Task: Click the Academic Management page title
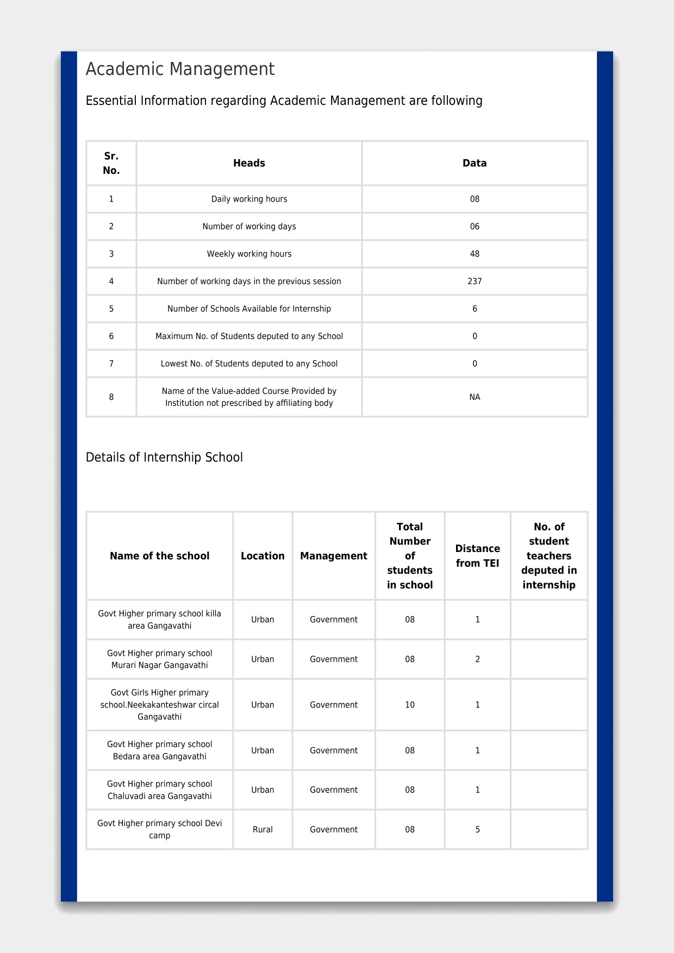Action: (180, 70)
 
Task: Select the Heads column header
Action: (249, 163)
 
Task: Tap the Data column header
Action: (475, 163)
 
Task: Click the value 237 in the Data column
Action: (475, 281)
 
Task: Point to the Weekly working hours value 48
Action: (475, 254)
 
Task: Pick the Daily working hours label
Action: (249, 199)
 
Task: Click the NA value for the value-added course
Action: (475, 397)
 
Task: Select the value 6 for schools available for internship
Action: (475, 309)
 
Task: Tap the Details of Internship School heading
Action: (164, 457)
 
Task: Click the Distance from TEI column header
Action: (477, 556)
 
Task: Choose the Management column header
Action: (334, 556)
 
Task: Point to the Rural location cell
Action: (263, 830)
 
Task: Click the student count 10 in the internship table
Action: (410, 705)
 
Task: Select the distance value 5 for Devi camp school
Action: (477, 830)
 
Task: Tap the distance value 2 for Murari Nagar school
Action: (477, 659)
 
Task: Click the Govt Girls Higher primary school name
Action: (159, 705)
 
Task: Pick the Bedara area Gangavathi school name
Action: (159, 750)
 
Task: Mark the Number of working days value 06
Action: (475, 227)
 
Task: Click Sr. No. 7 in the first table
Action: (111, 363)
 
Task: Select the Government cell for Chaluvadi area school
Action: (334, 790)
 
